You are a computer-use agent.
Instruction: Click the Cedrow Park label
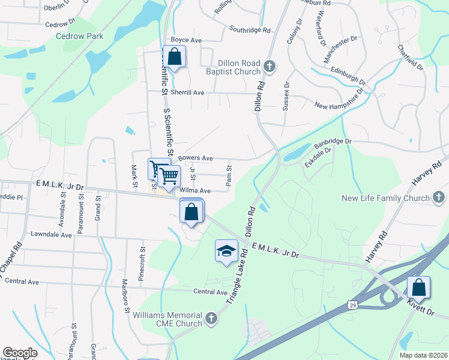pos(80,36)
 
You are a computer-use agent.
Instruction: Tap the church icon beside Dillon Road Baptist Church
pos(270,66)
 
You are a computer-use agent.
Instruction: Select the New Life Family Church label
pos(385,198)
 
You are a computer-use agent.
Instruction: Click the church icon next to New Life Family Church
pos(439,197)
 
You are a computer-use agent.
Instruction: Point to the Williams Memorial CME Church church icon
pos(211,318)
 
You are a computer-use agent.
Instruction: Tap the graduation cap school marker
pos(226,251)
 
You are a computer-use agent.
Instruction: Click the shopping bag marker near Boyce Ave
pos(173,58)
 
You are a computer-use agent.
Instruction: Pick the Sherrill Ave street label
pos(187,93)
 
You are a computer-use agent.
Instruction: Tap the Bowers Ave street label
pos(195,158)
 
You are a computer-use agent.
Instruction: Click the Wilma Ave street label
pos(195,190)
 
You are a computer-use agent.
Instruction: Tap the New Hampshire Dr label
pos(340,100)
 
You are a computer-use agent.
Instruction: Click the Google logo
pos(20,353)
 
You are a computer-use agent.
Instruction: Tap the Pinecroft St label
pos(142,264)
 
